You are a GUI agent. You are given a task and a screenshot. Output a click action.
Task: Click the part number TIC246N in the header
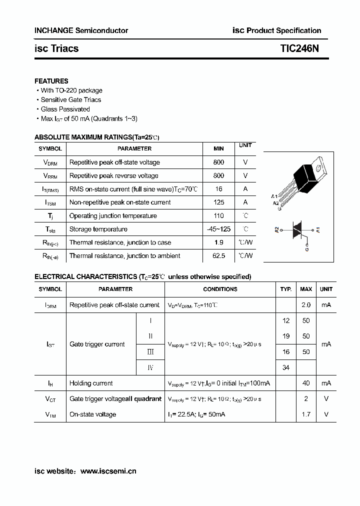299,48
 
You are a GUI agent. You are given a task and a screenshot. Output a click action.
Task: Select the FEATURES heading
51,81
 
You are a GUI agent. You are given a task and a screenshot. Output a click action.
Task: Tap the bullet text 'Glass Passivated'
65,109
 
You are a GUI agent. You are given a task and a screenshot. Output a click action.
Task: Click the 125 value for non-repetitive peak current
218,202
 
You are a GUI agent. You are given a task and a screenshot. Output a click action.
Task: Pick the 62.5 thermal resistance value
218,256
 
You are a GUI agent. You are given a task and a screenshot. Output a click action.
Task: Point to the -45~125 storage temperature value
218,229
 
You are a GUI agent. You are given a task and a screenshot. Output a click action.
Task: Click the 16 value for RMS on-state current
218,189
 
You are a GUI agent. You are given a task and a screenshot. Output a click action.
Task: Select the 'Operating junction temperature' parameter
112,216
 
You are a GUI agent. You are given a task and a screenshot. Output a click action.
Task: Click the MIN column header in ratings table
218,148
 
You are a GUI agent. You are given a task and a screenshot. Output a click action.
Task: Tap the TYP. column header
286,289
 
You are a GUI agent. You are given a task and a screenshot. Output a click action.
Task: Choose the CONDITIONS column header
220,289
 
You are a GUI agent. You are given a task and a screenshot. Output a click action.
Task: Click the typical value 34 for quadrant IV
286,368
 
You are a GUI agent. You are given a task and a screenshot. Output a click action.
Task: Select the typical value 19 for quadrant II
286,336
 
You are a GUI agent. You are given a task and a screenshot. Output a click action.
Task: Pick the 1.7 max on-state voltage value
306,414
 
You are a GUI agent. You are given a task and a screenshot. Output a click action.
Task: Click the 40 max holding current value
306,383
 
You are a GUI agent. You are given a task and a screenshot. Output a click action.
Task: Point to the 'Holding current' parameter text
91,383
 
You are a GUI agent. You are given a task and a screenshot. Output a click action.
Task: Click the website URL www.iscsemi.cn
108,471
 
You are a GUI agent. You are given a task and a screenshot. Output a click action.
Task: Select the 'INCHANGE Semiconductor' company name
81,30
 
